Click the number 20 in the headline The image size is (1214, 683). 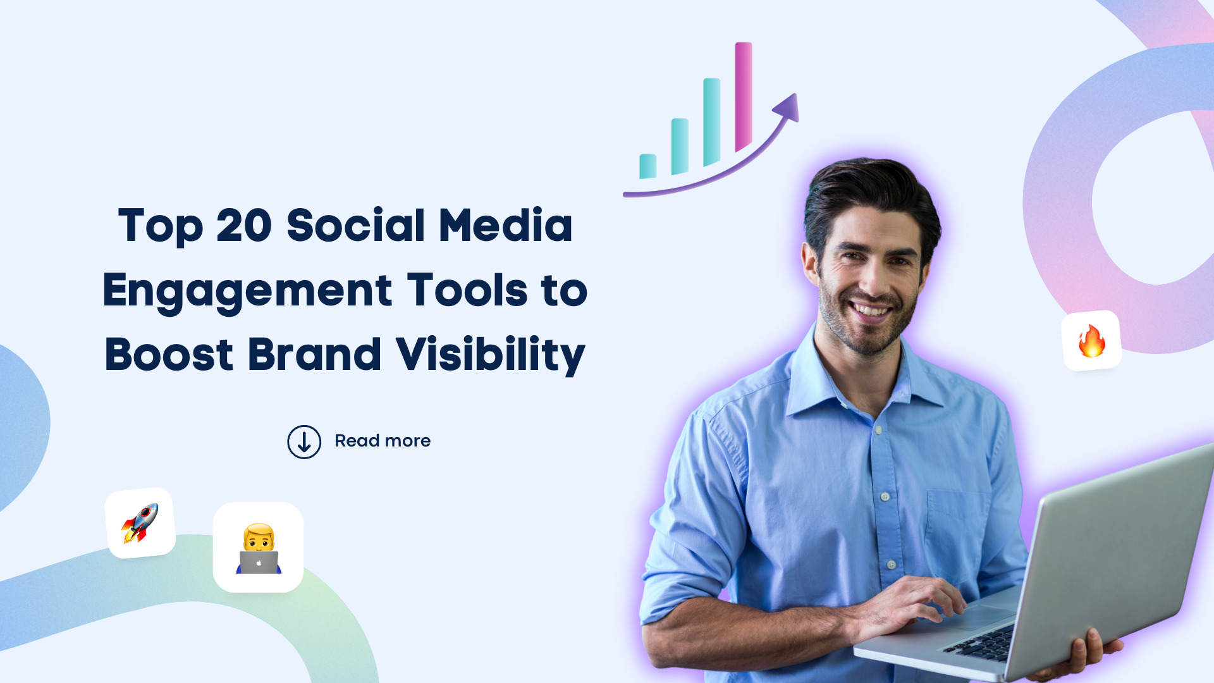click(x=244, y=226)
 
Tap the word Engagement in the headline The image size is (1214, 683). click(x=247, y=291)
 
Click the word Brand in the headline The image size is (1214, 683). click(x=314, y=355)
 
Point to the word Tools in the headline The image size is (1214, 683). click(x=467, y=290)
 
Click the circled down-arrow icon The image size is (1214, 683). click(x=304, y=441)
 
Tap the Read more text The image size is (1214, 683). click(x=383, y=441)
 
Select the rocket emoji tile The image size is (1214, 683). click(x=140, y=523)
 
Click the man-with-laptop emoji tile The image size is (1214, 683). click(x=258, y=548)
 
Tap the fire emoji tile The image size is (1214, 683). click(x=1091, y=341)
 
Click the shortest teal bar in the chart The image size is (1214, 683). click(x=647, y=166)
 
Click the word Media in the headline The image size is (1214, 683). click(x=505, y=226)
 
